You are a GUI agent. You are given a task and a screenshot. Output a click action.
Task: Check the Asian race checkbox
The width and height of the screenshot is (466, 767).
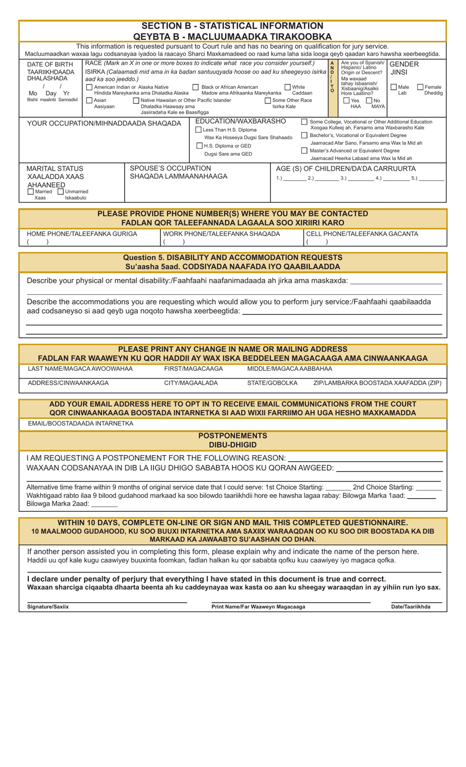pyautogui.click(x=89, y=101)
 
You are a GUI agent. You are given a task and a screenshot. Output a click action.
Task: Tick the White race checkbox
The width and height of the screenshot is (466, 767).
pyautogui.click(x=287, y=87)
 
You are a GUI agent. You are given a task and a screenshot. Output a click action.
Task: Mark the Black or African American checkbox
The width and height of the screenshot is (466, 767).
pyautogui.click(x=196, y=87)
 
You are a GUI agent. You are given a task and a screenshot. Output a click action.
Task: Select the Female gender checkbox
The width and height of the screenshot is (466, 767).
pyautogui.click(x=420, y=87)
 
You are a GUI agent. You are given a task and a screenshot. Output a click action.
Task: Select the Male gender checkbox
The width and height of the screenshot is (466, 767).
pyautogui.click(x=393, y=87)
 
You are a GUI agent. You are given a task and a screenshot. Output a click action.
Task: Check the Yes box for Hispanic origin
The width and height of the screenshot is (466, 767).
pyautogui.click(x=346, y=101)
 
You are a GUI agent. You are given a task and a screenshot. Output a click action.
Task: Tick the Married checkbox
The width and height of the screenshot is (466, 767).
pyautogui.click(x=31, y=192)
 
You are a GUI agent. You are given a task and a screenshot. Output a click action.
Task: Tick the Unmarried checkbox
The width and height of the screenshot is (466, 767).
pyautogui.click(x=61, y=192)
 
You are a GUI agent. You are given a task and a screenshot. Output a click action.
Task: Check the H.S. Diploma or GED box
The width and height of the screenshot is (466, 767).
pyautogui.click(x=199, y=146)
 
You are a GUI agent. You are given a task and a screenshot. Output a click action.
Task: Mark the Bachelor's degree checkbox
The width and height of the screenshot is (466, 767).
pyautogui.click(x=304, y=135)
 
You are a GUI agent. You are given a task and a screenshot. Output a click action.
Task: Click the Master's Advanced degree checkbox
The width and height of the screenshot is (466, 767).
pyautogui.click(x=304, y=151)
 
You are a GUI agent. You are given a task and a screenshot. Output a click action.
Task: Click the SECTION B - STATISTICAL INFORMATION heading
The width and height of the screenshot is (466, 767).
pyautogui.click(x=233, y=26)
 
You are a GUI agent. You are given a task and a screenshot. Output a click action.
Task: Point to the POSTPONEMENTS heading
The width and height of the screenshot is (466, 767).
pyautogui.click(x=233, y=435)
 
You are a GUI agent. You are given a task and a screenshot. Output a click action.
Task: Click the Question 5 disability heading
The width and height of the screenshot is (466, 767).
pyautogui.click(x=233, y=257)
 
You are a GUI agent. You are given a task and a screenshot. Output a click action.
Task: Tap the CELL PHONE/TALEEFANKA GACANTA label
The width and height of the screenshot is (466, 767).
pyautogui.click(x=362, y=234)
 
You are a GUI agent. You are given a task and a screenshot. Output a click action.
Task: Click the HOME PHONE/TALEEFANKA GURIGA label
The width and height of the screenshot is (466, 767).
pyautogui.click(x=82, y=234)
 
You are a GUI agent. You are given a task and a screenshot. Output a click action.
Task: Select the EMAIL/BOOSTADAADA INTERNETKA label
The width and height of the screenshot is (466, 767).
pyautogui.click(x=80, y=423)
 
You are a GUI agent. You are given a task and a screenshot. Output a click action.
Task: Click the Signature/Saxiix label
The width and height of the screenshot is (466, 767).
pyautogui.click(x=48, y=607)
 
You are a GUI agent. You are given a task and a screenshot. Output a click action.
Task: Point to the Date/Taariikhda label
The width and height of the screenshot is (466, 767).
pyautogui.click(x=411, y=607)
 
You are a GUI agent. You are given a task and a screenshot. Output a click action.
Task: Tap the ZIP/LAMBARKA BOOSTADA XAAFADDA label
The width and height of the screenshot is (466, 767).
pyautogui.click(x=377, y=383)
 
